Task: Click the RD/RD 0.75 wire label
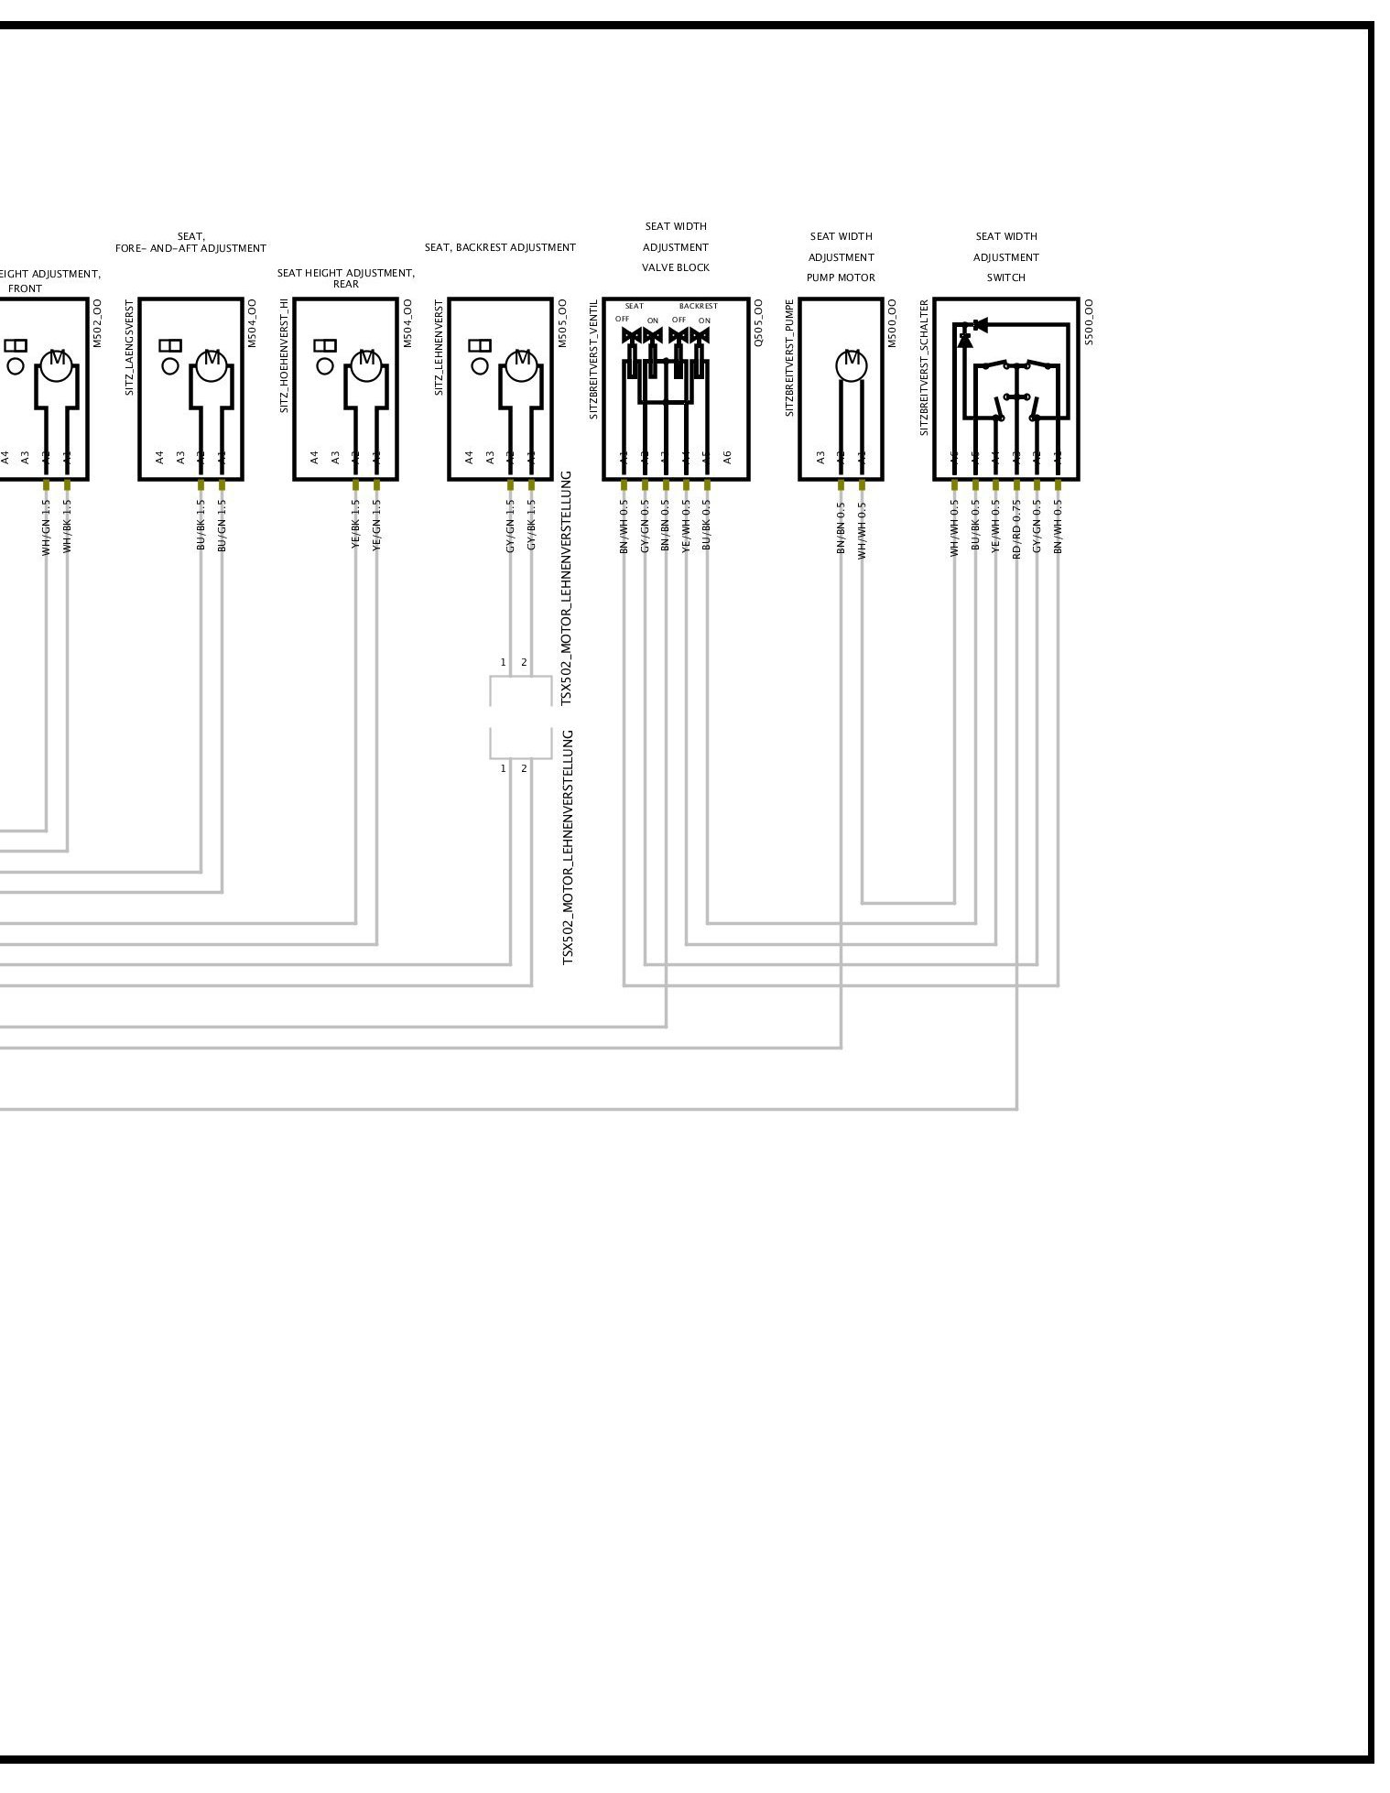pos(1016,529)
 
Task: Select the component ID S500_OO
pos(1089,321)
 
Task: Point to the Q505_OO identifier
pos(758,321)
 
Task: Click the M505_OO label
pos(562,322)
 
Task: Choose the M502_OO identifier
pos(97,322)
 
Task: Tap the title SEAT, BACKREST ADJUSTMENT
pos(500,247)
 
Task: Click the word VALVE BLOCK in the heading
pos(676,267)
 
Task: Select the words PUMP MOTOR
pos(841,277)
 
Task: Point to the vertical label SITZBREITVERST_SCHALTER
pos(925,367)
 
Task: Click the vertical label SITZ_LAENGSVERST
pos(130,347)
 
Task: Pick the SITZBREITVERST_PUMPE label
pos(789,357)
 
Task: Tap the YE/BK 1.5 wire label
pos(355,525)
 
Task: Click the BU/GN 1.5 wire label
pos(222,525)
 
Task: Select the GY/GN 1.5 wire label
pos(510,525)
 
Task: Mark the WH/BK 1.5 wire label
pos(67,525)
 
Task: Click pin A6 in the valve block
pos(728,456)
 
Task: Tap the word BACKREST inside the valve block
pos(698,306)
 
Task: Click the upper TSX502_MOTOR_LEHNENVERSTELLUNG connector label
pos(566,588)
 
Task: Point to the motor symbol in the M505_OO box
pos(522,364)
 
